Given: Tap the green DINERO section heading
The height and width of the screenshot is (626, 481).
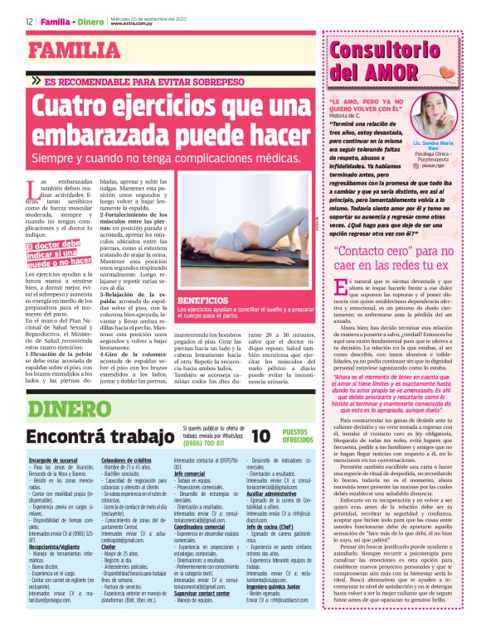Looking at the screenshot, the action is click(66, 407).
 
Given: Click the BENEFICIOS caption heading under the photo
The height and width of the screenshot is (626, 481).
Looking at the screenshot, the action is click(202, 301).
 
